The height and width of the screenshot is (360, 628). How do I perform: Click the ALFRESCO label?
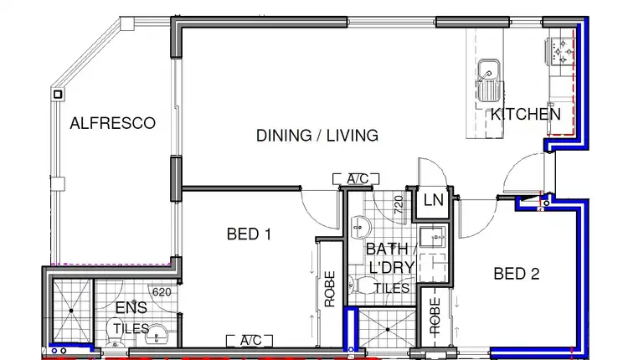(x=112, y=123)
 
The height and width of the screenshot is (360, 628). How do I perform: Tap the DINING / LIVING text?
(x=317, y=135)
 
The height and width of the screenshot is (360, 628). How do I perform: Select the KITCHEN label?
(x=525, y=114)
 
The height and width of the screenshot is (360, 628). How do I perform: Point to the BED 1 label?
(x=249, y=234)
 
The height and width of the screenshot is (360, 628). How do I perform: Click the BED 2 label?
(x=516, y=274)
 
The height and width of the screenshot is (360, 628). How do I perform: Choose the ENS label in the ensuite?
(x=126, y=308)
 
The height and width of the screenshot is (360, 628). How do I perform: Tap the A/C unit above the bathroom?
(x=357, y=178)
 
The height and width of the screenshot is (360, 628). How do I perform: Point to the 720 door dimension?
(x=399, y=202)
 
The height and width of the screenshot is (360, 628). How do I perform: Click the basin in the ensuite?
(x=157, y=337)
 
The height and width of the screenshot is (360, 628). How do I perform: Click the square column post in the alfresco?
(x=58, y=95)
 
